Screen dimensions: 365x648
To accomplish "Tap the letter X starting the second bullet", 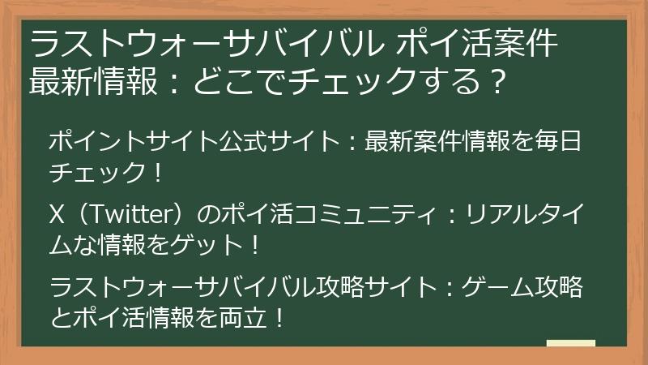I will (x=57, y=213).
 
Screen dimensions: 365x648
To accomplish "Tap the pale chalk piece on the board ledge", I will (x=571, y=343).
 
